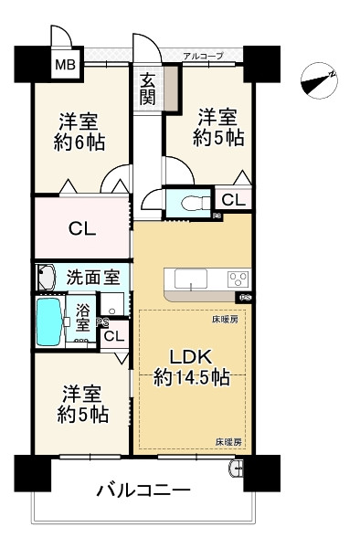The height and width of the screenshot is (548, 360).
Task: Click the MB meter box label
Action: click(66, 65)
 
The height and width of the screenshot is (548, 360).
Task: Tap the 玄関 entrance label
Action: click(147, 90)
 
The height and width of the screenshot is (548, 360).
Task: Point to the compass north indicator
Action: click(319, 80)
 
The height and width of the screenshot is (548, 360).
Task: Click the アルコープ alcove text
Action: click(203, 56)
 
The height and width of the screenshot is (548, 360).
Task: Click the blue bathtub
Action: click(50, 321)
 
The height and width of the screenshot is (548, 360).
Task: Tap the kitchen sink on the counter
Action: click(191, 279)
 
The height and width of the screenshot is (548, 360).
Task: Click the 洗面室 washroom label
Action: click(93, 278)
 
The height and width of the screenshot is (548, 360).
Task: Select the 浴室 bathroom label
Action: click(83, 317)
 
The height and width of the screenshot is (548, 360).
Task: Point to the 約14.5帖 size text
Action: click(192, 377)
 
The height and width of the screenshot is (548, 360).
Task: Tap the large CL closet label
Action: click(82, 229)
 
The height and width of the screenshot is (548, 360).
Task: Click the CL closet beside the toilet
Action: click(233, 200)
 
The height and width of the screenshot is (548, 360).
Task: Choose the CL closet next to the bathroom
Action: click(114, 336)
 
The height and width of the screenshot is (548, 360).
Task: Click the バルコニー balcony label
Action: click(143, 490)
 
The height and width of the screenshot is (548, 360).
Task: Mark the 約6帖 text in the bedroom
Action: click(79, 142)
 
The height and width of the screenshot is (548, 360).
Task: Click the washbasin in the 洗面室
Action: click(46, 278)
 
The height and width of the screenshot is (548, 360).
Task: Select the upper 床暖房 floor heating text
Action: click(226, 320)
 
